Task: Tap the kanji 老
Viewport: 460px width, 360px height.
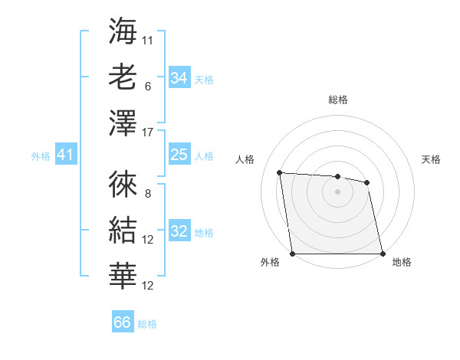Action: [x=123, y=77]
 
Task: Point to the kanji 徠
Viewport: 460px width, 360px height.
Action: [x=123, y=184]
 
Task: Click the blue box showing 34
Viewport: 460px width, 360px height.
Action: [x=179, y=77]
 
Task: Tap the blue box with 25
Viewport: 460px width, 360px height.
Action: [x=179, y=155]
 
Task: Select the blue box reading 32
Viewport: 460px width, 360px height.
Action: [x=179, y=231]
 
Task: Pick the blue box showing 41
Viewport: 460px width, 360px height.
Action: [x=65, y=155]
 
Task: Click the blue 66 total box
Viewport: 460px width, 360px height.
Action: [x=123, y=322]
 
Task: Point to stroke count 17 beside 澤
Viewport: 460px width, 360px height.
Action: [x=149, y=133]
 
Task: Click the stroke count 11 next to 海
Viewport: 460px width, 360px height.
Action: [x=148, y=38]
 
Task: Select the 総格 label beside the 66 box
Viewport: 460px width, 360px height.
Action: [x=147, y=324]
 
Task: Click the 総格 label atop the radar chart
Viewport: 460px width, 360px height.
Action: [x=337, y=100]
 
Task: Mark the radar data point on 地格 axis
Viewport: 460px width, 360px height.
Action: [x=383, y=254]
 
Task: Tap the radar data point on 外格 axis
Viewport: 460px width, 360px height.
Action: [x=292, y=254]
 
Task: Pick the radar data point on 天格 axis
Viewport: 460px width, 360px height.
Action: [x=367, y=182]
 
